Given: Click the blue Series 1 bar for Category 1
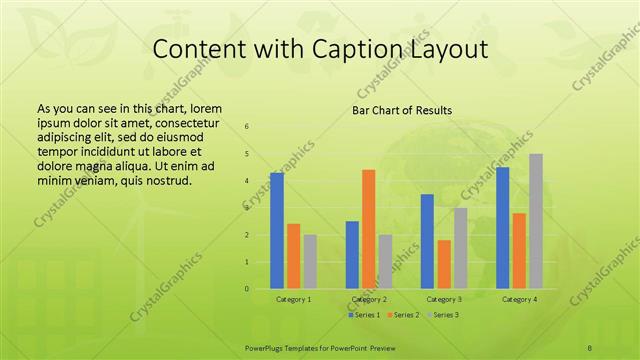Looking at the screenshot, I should tap(277, 231).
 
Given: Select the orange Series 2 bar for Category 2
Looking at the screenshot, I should tap(368, 229).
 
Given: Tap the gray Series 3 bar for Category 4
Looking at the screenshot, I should tap(536, 221).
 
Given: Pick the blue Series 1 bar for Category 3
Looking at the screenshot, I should tap(427, 241).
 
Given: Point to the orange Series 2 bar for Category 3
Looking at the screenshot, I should tap(444, 264).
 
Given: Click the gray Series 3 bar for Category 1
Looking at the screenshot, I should tap(310, 262).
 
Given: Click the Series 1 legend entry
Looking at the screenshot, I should tap(363, 315).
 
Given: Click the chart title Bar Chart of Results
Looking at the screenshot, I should tap(401, 110).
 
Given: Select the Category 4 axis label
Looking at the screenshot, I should tap(518, 299).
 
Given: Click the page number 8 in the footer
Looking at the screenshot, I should tap(590, 347).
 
